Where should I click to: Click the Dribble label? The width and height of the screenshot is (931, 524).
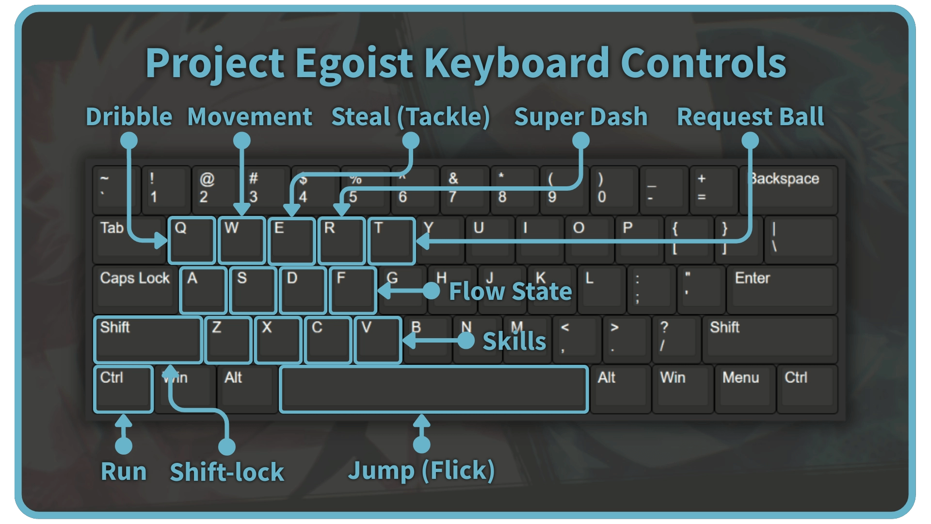coord(129,117)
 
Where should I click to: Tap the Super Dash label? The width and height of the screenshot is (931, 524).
coord(580,117)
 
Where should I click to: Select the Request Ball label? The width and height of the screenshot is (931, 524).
coord(750,117)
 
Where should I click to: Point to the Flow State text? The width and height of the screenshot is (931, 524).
coord(510,292)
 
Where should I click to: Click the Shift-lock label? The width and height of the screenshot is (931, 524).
coord(226,472)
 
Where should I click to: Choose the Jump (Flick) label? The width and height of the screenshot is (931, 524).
coord(421,471)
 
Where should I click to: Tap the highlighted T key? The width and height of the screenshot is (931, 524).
coord(391,241)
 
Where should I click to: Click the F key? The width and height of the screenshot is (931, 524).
coord(353,290)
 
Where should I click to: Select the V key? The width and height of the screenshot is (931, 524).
coord(378,340)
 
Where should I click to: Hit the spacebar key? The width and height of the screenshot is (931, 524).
coord(434,389)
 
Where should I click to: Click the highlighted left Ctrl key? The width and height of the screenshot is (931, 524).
coord(123,389)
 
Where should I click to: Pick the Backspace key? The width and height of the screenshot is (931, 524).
coord(788,189)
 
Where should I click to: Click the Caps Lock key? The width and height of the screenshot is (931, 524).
coord(135,289)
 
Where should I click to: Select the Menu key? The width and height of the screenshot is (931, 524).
coord(744,389)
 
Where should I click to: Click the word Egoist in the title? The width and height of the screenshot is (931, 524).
coord(354,63)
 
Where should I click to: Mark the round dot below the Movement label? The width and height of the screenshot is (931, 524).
coord(241,141)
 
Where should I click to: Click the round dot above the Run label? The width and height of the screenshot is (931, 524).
coord(124,445)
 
